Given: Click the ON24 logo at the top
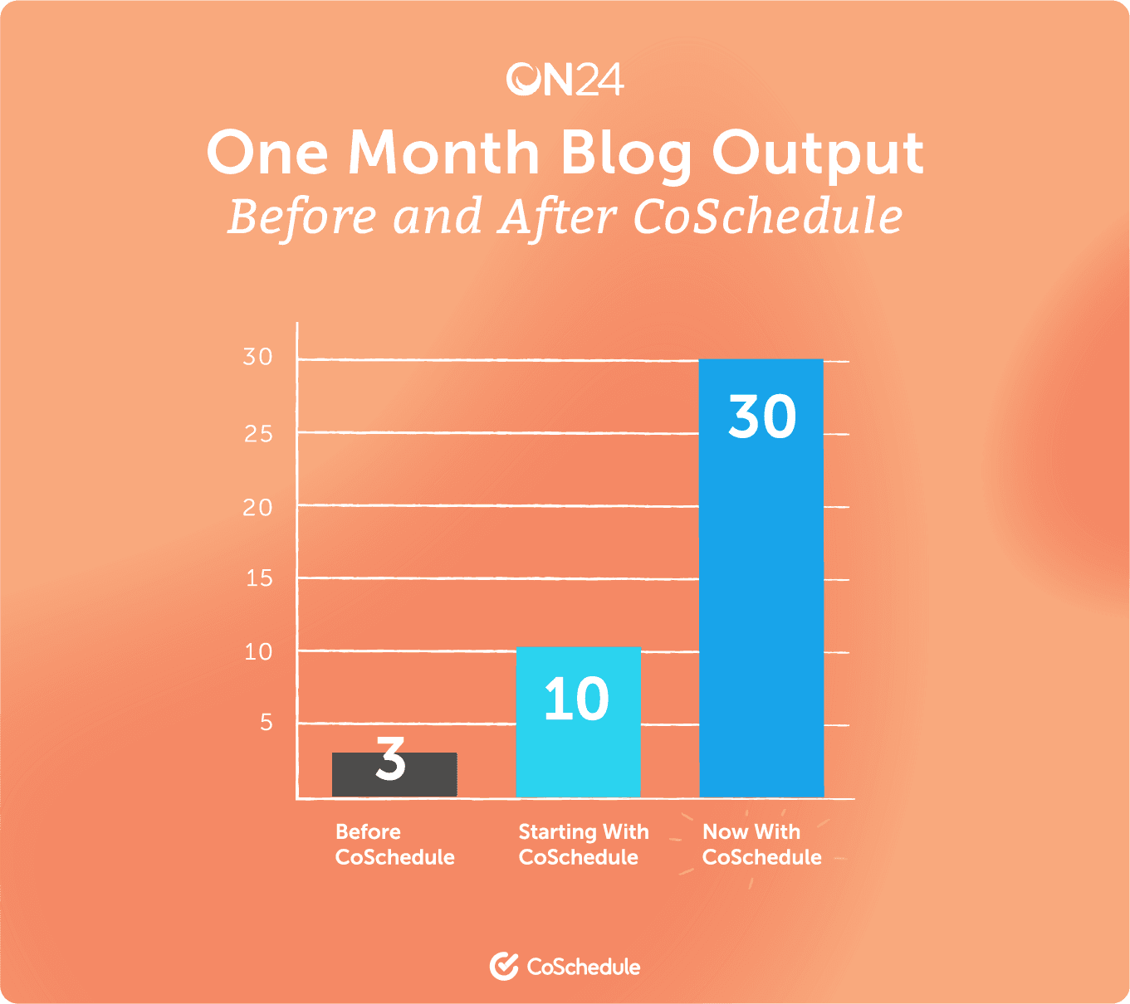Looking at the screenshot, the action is click(565, 79).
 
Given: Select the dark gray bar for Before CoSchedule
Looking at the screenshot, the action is click(394, 774).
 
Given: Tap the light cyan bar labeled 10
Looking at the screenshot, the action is click(579, 722).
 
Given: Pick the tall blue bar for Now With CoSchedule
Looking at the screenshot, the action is click(761, 578).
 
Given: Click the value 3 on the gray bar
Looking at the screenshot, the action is click(390, 758).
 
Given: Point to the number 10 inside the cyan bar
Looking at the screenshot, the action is click(577, 699).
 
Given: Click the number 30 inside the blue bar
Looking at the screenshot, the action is click(762, 416).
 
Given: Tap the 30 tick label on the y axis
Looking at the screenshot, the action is click(257, 357).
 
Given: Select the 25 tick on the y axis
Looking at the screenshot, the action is click(258, 434).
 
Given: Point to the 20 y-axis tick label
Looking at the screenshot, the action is click(257, 507).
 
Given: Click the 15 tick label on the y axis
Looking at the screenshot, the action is click(259, 578).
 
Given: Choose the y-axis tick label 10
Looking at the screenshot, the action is click(258, 651).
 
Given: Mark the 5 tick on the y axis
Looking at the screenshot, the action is click(267, 723).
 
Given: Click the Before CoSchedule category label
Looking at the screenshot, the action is click(395, 844).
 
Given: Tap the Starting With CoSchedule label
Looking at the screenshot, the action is click(584, 844).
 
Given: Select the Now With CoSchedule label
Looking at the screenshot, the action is click(762, 844).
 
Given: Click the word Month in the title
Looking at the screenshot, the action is click(444, 152).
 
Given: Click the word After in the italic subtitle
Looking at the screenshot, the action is click(558, 217).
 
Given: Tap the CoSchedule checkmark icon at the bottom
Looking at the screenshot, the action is click(504, 966).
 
